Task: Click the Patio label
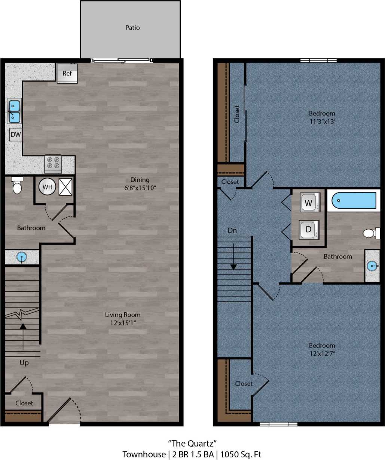click(x=132, y=28)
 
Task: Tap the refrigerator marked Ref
click(x=67, y=74)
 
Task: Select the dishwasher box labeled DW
click(x=15, y=135)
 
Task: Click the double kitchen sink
click(x=15, y=111)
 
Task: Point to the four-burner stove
click(x=53, y=163)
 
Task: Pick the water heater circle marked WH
click(x=47, y=187)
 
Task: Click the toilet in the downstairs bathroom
click(x=17, y=186)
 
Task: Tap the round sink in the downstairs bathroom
click(x=22, y=257)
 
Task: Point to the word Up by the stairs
click(x=24, y=363)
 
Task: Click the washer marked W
click(x=309, y=203)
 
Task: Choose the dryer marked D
click(x=309, y=230)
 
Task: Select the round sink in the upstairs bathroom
click(x=372, y=266)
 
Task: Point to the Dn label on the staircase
click(x=232, y=230)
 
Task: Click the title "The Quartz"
click(x=192, y=444)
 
